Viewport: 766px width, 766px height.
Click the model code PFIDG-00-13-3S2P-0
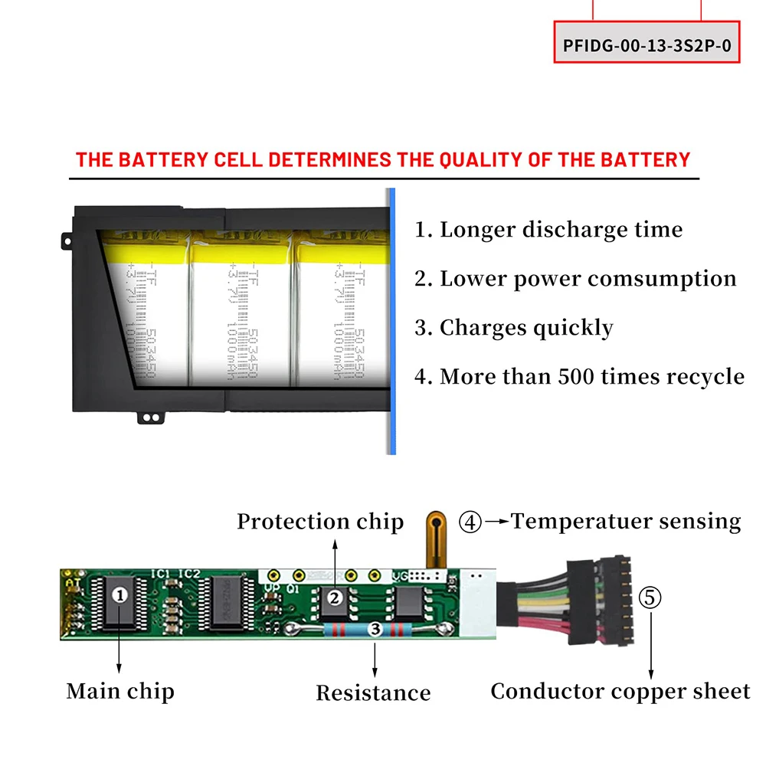click(647, 44)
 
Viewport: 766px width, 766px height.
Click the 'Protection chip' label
click(320, 522)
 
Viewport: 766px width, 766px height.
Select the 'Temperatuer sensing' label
click(626, 522)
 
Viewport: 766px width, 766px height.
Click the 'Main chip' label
click(120, 691)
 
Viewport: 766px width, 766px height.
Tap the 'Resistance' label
click(373, 693)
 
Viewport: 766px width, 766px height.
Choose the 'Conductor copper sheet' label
click(620, 692)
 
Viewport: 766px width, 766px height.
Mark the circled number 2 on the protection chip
click(334, 597)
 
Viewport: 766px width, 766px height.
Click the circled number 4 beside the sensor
click(470, 522)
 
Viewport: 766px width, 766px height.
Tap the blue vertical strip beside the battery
click(391, 322)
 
